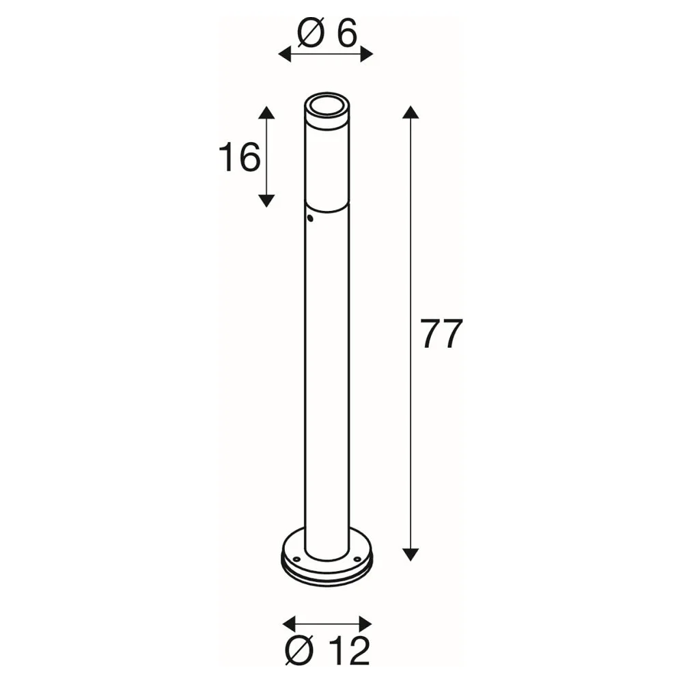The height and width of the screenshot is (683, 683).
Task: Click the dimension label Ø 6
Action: [x=327, y=33]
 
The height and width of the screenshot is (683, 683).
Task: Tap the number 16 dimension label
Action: [x=239, y=157]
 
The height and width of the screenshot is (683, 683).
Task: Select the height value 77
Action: [x=441, y=333]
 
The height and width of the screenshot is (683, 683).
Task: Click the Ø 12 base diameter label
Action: [x=326, y=651]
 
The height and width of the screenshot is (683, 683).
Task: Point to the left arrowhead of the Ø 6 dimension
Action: [x=284, y=55]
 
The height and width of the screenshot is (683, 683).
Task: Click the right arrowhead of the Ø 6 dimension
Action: [x=367, y=55]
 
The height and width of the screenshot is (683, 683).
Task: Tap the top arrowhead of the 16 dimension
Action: [x=266, y=113]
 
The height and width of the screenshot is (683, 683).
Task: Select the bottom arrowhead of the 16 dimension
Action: [x=266, y=201]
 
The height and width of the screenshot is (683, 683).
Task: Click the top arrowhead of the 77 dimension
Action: [x=410, y=112]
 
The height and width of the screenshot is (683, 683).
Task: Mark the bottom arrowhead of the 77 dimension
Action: [x=410, y=555]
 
